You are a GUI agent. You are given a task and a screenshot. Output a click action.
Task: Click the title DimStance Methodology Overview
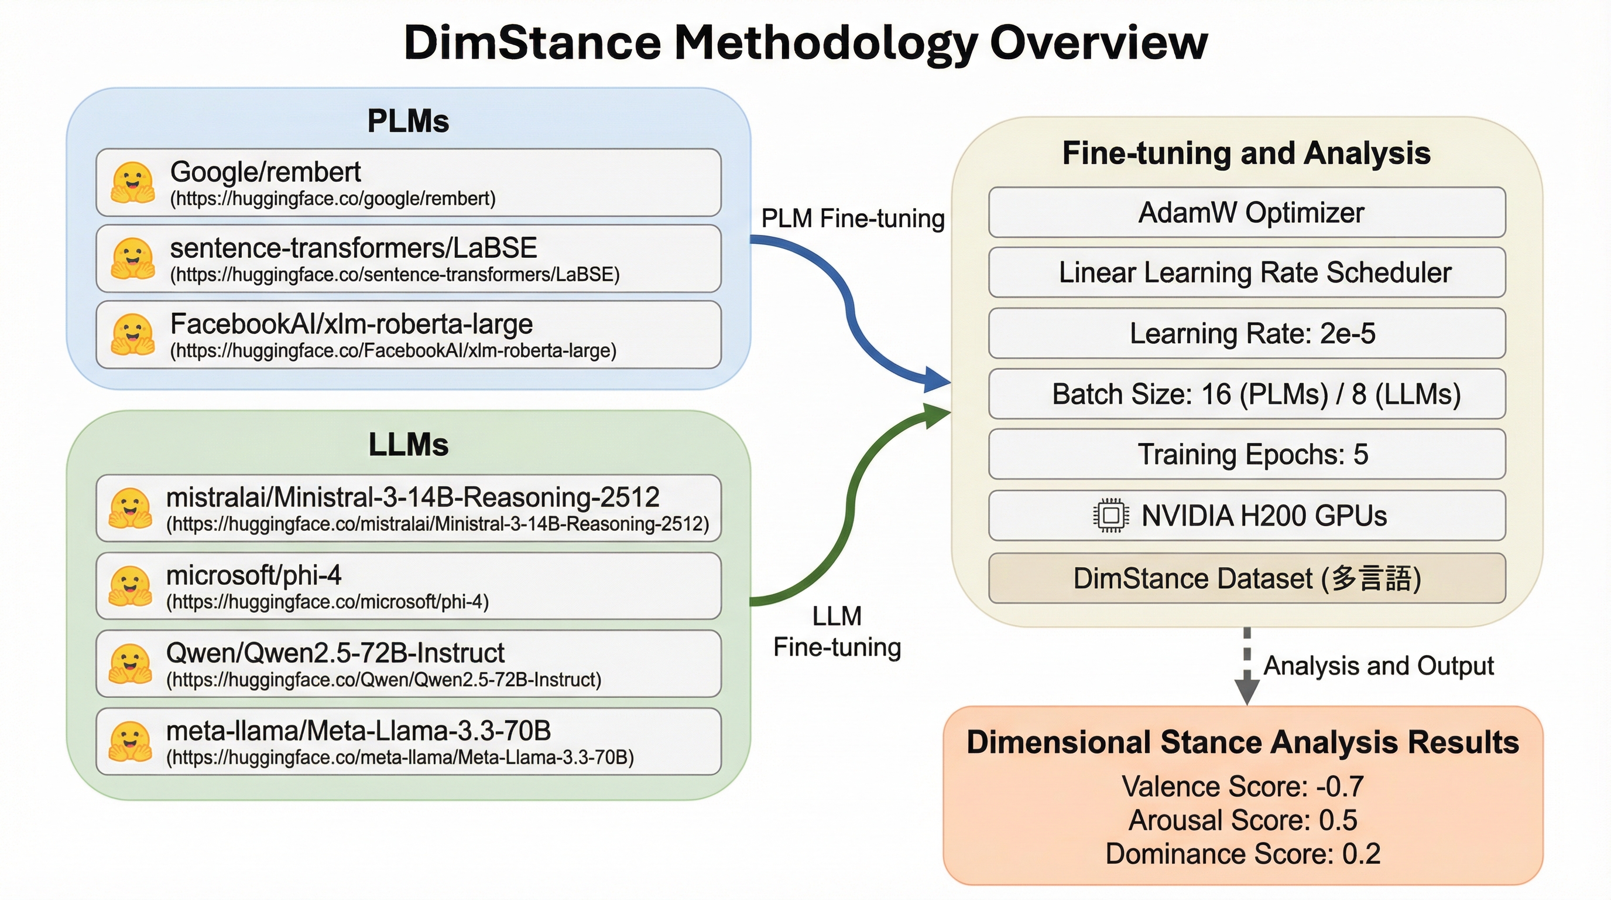[x=805, y=43]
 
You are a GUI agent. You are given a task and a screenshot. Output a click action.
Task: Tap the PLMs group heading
[x=408, y=121]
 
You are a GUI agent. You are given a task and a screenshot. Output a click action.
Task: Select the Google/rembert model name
[x=265, y=172]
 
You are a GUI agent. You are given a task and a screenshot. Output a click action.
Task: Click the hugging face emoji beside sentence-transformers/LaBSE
[x=132, y=258]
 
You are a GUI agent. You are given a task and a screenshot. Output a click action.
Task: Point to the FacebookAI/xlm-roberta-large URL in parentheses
[x=393, y=350]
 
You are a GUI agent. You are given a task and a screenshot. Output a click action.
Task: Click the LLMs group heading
[x=409, y=444]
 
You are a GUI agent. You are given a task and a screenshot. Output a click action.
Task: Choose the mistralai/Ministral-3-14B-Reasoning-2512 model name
[x=413, y=497]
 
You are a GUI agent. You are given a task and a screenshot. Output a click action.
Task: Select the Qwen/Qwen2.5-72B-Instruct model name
[x=335, y=653]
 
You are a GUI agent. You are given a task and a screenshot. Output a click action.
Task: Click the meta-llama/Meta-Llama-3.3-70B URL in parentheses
[x=400, y=757]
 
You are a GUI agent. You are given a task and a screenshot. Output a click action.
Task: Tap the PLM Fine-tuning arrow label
[x=852, y=219]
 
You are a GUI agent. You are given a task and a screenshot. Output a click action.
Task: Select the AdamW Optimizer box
[x=1247, y=212]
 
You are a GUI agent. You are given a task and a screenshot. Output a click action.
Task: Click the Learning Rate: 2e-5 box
[x=1247, y=333]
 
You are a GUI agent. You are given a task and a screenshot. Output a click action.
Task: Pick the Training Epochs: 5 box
[x=1247, y=454]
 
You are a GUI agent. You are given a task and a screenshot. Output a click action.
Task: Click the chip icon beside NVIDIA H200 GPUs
[x=1111, y=516]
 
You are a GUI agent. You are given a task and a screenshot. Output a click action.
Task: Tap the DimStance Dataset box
[x=1247, y=578]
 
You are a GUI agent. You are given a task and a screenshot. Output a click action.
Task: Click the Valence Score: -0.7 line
[x=1243, y=787]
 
